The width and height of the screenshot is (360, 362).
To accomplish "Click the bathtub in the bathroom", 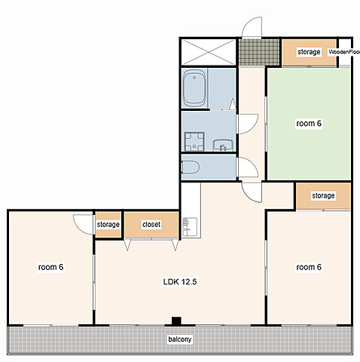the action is click(194, 88).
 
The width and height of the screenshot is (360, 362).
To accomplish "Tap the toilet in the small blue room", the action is click(190, 167).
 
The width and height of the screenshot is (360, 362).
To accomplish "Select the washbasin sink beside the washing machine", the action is click(223, 145).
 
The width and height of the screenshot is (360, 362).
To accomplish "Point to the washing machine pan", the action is click(194, 141).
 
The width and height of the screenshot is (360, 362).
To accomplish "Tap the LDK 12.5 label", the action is click(180, 282).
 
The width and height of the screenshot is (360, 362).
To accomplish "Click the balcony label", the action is click(180, 339).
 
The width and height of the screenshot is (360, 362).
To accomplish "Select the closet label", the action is click(151, 224).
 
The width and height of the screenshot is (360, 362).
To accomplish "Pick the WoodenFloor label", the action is click(344, 52).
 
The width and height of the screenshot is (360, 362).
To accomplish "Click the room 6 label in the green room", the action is click(309, 124).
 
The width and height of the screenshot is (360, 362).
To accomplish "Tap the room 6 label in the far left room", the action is click(50, 267).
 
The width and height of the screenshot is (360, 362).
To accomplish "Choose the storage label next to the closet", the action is click(108, 224).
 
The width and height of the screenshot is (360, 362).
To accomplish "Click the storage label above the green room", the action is click(309, 52).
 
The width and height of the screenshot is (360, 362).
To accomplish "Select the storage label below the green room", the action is click(323, 195).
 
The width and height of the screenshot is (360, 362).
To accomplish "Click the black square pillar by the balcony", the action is click(176, 321).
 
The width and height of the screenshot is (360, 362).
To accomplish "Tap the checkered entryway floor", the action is click(259, 52).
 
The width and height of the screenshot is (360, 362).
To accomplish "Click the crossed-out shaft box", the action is click(209, 52).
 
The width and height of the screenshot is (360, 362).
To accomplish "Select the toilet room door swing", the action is click(249, 167).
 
